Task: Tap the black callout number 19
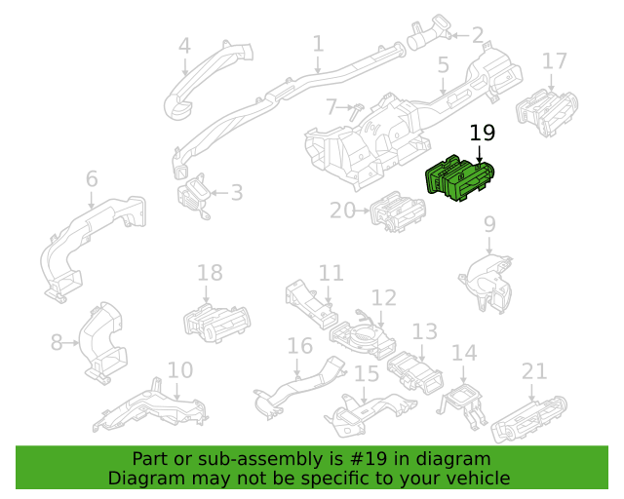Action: click(483, 133)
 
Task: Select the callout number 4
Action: click(184, 46)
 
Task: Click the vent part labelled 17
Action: click(547, 113)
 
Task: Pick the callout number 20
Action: click(342, 211)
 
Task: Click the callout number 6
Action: click(92, 178)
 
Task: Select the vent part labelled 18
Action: click(216, 323)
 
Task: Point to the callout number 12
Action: click(384, 297)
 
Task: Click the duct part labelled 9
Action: click(487, 283)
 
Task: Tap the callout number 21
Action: click(534, 371)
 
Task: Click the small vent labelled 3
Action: click(194, 195)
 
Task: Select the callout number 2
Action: click(478, 35)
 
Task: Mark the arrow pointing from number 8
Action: click(71, 343)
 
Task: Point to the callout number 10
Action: click(180, 370)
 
